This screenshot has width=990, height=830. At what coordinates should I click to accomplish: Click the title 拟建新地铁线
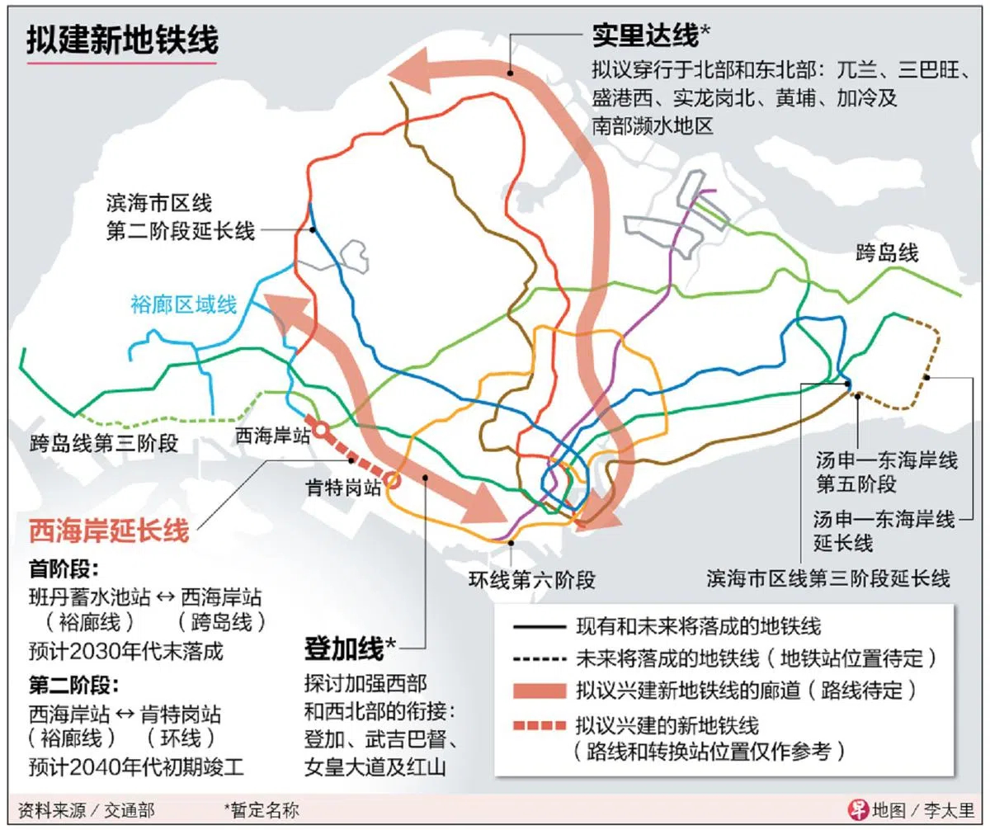coord(122,39)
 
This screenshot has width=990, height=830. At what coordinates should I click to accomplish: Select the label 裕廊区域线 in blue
coord(183,305)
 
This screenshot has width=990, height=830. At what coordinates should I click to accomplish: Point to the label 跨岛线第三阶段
coord(103,443)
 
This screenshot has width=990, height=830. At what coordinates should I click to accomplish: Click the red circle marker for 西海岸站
coord(320,430)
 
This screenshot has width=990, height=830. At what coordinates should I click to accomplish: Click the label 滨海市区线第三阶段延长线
coord(827,578)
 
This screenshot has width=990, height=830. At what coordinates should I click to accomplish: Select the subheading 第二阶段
coord(73,686)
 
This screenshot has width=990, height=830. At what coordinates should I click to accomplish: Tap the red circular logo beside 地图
coord(859,809)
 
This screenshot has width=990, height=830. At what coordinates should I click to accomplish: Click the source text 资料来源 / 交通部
coord(86,810)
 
